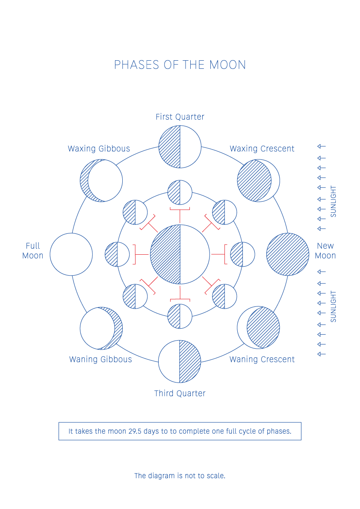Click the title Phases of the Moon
tap(180, 65)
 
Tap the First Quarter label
tap(180, 117)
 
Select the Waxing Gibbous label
tap(99, 149)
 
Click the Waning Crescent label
tap(262, 359)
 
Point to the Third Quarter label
tap(180, 394)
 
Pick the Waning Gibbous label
tap(100, 359)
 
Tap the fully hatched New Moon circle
tap(288, 255)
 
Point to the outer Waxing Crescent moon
tap(258, 180)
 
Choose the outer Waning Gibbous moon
tap(101, 328)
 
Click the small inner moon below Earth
tap(180, 316)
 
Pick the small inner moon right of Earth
tap(242, 255)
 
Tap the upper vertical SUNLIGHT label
tap(333, 201)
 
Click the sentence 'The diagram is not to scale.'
tap(180, 476)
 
